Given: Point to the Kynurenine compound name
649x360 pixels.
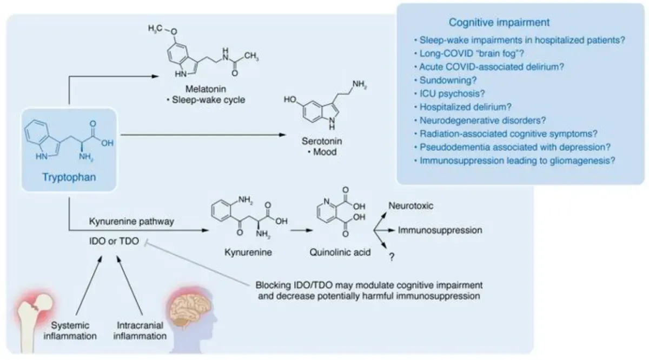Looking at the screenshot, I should pos(241,251).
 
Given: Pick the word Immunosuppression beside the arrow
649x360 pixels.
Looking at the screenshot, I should pos(440,230).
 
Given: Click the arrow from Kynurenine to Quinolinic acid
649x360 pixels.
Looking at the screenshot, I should pos(299,229).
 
